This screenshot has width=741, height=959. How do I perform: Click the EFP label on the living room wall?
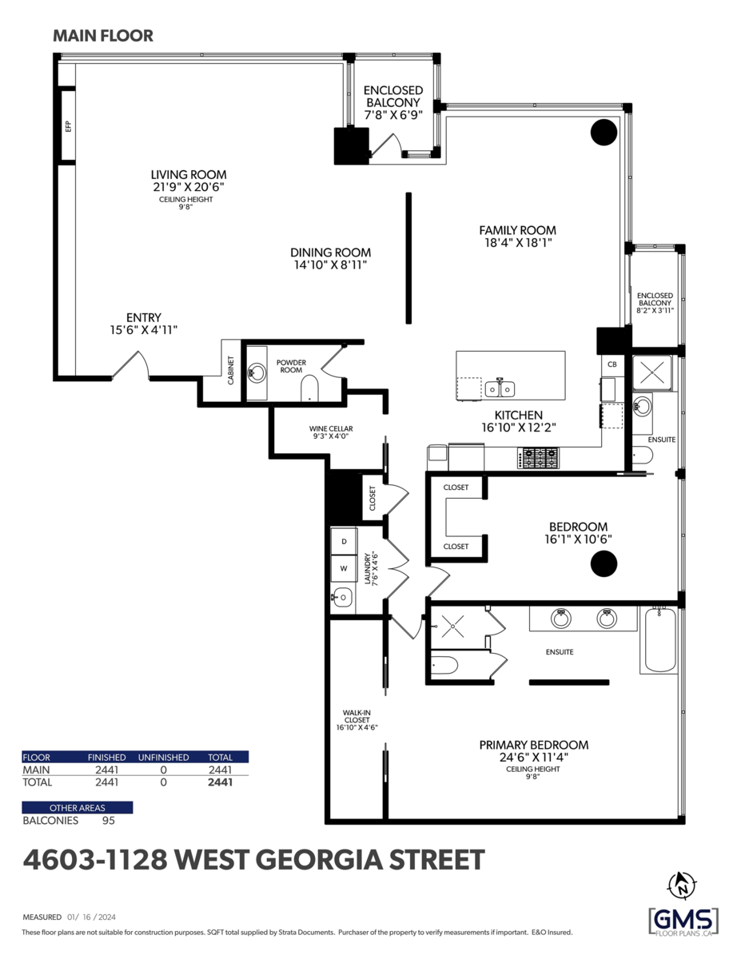pyautogui.click(x=68, y=126)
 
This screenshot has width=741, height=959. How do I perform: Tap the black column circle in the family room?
pyautogui.click(x=604, y=132)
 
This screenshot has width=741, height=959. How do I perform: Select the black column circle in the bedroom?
pyautogui.click(x=604, y=563)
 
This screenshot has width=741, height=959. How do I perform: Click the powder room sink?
pyautogui.click(x=256, y=373)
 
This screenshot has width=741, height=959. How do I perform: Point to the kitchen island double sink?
pyautogui.click(x=500, y=388)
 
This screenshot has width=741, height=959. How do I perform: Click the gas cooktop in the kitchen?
pyautogui.click(x=538, y=458)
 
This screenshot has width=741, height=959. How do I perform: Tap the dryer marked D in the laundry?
pyautogui.click(x=344, y=541)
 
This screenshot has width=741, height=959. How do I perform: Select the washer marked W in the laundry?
pyautogui.click(x=344, y=568)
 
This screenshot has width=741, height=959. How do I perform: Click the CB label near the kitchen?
pyautogui.click(x=612, y=364)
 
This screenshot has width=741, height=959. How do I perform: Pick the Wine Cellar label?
pyautogui.click(x=331, y=432)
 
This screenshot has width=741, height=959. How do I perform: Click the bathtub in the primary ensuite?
pyautogui.click(x=659, y=640)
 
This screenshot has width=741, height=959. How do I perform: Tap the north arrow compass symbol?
pyautogui.click(x=683, y=885)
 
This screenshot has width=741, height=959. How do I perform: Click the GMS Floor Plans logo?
pyautogui.click(x=683, y=921)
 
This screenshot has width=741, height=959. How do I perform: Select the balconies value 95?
pyautogui.click(x=109, y=821)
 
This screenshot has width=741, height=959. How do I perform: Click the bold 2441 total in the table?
pyautogui.click(x=221, y=782)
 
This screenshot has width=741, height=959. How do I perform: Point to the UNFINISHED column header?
pyautogui.click(x=163, y=758)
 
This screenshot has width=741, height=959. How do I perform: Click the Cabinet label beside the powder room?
pyautogui.click(x=230, y=370)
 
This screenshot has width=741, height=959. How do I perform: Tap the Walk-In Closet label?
pyautogui.click(x=357, y=720)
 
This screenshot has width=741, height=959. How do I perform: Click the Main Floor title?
pyautogui.click(x=103, y=36)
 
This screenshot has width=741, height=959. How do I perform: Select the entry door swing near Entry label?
pyautogui.click(x=131, y=364)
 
